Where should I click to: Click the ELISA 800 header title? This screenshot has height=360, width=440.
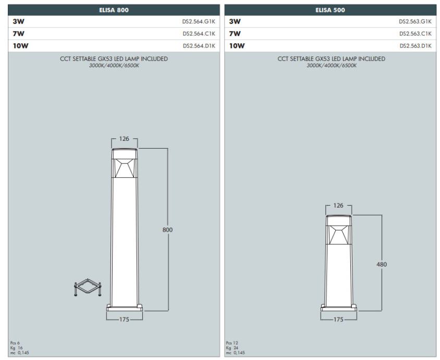(x=114, y=10)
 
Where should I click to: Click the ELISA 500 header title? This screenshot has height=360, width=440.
(x=330, y=10)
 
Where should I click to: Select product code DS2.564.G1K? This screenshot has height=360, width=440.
(x=199, y=21)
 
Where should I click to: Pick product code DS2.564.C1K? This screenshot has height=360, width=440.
(x=199, y=34)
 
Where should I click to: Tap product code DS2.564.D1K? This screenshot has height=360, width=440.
(x=199, y=46)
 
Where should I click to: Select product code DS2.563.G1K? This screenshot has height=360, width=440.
(x=415, y=21)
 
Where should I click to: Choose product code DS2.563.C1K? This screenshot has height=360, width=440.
(x=415, y=34)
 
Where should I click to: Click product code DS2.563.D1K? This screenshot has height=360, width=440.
(x=415, y=46)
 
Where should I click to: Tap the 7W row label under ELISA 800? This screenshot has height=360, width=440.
(x=19, y=34)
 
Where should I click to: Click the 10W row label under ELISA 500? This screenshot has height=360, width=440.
(x=237, y=46)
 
